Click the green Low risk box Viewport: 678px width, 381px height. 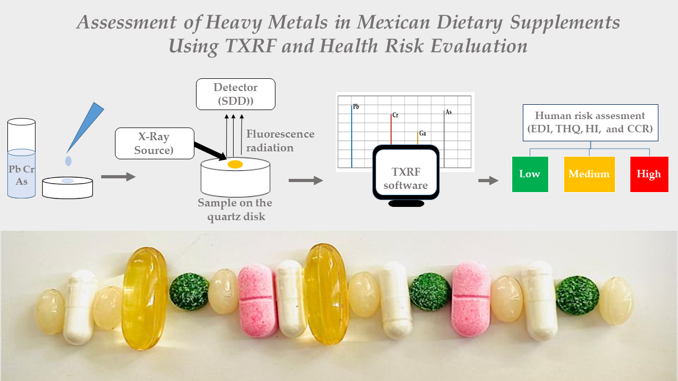pos(530,174)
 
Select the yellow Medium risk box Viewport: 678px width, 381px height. pos(589,174)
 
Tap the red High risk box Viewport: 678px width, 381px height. pos(649,174)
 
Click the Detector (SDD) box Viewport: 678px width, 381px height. pos(236,94)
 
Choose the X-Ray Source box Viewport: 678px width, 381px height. pos(152,143)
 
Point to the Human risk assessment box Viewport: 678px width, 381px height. pos(590,122)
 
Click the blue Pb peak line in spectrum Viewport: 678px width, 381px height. pos(352,138)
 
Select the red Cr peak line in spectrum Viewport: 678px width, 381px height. pos(391,130)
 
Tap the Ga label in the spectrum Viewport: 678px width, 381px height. pos(422,133)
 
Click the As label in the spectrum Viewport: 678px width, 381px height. pos(448,112)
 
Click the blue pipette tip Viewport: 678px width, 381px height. pos(85,126)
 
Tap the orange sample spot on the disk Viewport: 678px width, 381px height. pos(235,165)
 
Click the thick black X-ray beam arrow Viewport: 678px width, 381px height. pos(210,150)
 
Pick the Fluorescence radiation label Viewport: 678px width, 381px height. pos(280,141)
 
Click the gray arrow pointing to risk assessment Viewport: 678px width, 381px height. pos(488,181)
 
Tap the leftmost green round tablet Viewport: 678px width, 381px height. pos(189,292)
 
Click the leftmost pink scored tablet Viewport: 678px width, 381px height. pos(258,301)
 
